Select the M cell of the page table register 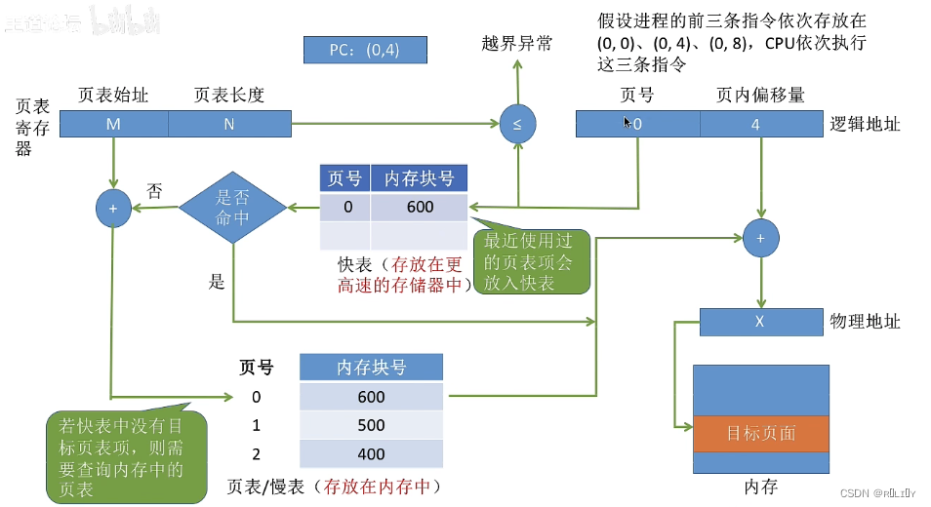click(x=114, y=124)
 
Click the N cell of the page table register click(x=229, y=124)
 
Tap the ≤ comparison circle click(x=517, y=124)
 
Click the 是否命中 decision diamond click(x=232, y=208)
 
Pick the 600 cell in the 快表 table click(x=420, y=207)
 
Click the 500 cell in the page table click(x=371, y=425)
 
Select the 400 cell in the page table click(x=371, y=453)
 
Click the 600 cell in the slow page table click(x=371, y=397)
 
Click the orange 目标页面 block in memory click(x=760, y=433)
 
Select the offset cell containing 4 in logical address click(x=755, y=124)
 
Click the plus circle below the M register click(x=113, y=208)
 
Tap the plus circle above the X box click(x=759, y=237)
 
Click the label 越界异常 click(x=517, y=43)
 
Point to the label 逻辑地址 click(x=865, y=124)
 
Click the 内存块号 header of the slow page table click(x=371, y=368)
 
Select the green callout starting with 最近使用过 click(x=532, y=261)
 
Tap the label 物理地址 click(x=865, y=322)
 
